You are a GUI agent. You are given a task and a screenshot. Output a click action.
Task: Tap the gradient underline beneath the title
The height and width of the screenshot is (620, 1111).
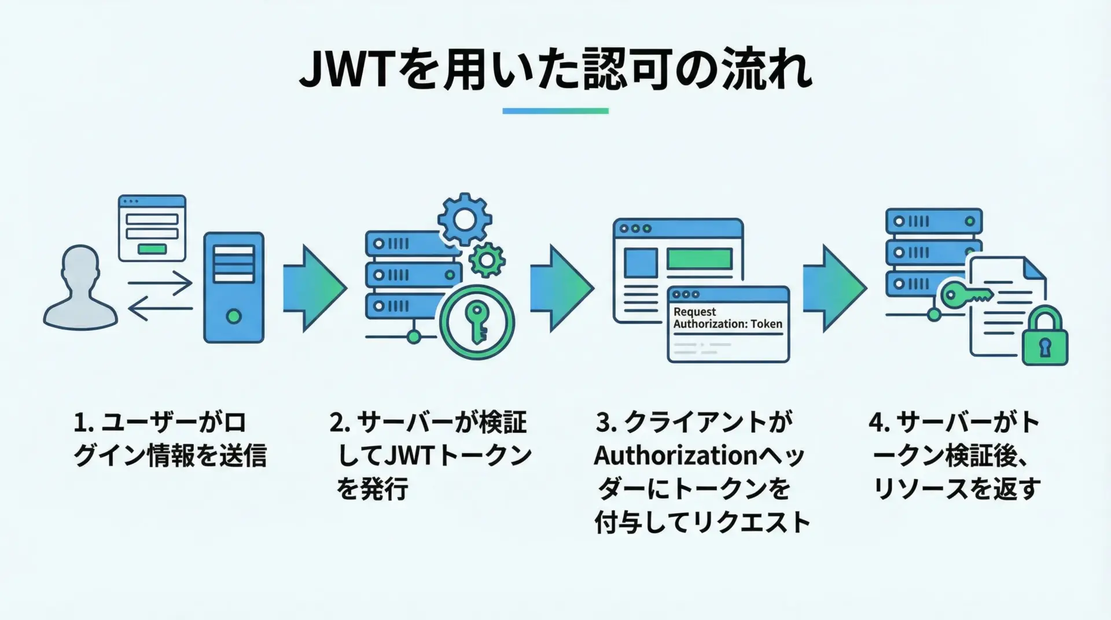coord(555,110)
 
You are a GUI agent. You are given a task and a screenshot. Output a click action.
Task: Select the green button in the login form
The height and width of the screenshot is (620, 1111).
coord(152,249)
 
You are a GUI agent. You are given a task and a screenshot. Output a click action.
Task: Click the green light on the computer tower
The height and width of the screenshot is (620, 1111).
coord(234,316)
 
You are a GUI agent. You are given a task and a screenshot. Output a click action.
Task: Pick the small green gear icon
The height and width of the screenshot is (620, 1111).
coord(487,260)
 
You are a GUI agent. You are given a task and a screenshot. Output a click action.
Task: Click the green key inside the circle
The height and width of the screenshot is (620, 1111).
coord(478,322)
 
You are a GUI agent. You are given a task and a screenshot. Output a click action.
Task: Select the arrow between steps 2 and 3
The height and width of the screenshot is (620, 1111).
coord(561,288)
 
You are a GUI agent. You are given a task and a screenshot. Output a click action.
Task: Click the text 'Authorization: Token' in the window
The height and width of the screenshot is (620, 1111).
coord(727,324)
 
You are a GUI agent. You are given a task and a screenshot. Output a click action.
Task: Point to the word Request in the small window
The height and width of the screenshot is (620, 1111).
coord(694,312)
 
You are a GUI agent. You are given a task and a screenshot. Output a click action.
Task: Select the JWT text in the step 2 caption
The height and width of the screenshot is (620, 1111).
coord(409,456)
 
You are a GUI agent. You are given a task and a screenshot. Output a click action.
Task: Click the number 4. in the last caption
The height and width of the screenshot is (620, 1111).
coord(878,423)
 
